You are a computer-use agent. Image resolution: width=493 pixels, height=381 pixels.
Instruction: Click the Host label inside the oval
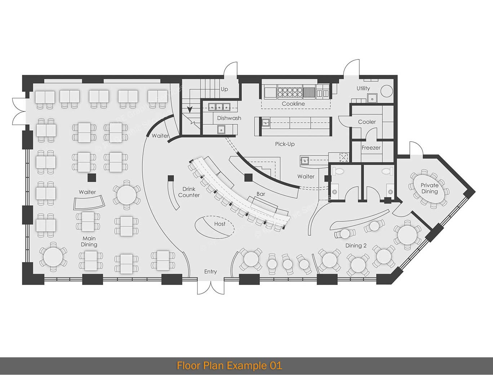click(x=219, y=224)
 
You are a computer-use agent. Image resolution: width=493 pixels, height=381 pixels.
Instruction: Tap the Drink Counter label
click(x=188, y=192)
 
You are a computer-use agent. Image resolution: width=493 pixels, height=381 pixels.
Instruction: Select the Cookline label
click(x=293, y=104)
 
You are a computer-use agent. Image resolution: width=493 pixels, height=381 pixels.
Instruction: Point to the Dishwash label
click(x=229, y=118)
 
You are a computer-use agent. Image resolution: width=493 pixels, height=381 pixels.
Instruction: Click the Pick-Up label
click(x=285, y=144)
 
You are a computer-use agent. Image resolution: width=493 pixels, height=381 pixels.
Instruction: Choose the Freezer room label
click(x=371, y=148)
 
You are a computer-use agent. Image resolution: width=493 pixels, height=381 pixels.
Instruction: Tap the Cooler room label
click(x=367, y=122)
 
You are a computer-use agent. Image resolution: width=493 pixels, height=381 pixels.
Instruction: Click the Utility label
click(x=363, y=88)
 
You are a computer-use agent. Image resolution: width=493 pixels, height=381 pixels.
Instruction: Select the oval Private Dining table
click(x=429, y=189)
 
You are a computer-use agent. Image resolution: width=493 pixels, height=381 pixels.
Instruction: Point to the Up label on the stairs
click(x=224, y=89)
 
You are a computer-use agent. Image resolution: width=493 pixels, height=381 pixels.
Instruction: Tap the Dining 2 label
click(x=356, y=246)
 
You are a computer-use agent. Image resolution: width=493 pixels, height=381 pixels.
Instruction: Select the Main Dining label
click(x=89, y=242)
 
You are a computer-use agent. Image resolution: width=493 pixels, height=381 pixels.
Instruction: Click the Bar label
click(x=261, y=194)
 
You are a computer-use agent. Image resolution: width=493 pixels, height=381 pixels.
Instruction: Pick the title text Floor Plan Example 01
click(x=229, y=366)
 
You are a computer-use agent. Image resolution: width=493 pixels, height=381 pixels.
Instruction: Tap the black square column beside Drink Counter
click(x=171, y=178)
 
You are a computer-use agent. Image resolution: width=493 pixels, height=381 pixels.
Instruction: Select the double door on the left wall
click(x=18, y=111)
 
